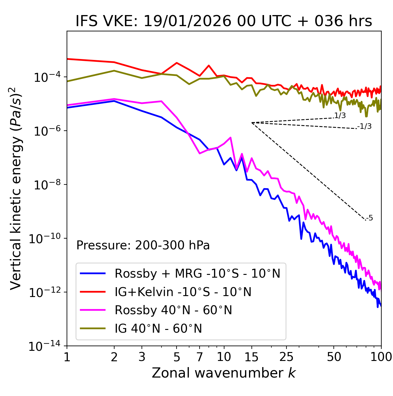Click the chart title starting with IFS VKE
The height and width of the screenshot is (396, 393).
pos(224,21)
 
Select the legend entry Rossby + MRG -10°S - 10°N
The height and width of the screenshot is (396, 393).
pos(197,273)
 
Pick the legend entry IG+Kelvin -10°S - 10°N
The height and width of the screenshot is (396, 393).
pos(183,292)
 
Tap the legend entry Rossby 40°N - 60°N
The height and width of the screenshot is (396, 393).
pos(173,310)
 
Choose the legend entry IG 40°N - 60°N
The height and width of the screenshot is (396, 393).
pos(158,329)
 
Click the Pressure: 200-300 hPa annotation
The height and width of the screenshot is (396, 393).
pos(143,245)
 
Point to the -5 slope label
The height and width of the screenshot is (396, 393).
pos(369,218)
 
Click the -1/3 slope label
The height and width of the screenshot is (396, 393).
pos(365,126)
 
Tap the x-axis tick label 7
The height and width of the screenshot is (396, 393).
pos(200,357)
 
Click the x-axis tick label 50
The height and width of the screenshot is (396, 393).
pos(334,357)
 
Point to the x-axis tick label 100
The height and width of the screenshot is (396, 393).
pos(381,357)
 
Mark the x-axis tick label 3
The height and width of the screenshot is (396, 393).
pos(142,357)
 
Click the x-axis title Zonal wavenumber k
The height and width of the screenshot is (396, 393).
pos(224,373)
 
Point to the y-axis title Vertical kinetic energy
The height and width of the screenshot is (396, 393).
pos(16,188)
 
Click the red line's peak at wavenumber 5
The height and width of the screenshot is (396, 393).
pos(177,63)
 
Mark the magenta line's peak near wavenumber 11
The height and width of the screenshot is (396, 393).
pos(230,137)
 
